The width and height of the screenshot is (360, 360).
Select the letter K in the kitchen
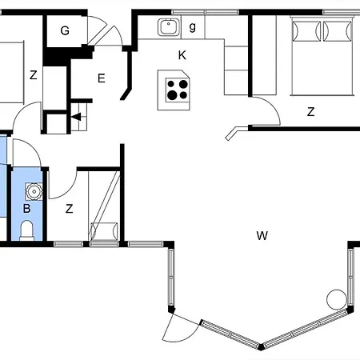pyautogui.click(x=182, y=55)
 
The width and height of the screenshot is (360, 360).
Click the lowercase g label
pyautogui.click(x=192, y=27)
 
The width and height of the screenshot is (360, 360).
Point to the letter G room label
pyautogui.click(x=65, y=30)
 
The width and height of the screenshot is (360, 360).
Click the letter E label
pyautogui.click(x=102, y=78)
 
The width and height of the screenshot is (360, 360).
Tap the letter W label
pyautogui.click(x=262, y=236)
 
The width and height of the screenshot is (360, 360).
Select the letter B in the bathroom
pyautogui.click(x=26, y=209)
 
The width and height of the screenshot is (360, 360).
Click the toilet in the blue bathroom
pyautogui.click(x=26, y=230)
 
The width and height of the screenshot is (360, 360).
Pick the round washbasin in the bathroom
pyautogui.click(x=34, y=191)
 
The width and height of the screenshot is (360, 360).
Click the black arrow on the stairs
pyautogui.click(x=76, y=117)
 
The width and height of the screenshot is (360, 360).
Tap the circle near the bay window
pyautogui.click(x=337, y=299)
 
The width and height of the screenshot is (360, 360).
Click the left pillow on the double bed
pyautogui.click(x=306, y=31)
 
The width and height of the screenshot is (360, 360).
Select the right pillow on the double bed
pyautogui.click(x=338, y=31)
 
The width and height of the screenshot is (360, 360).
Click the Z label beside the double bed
pyautogui.click(x=310, y=112)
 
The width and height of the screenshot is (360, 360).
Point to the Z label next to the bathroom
pyautogui.click(x=69, y=209)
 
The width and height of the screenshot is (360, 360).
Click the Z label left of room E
pyautogui.click(x=34, y=75)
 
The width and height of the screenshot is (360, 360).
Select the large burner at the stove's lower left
pyautogui.click(x=172, y=95)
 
